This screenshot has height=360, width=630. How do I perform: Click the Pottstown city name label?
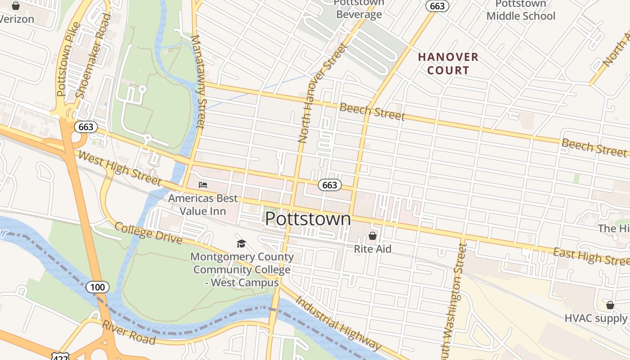point(308,219)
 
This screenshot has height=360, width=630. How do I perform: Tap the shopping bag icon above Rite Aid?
point(373,236)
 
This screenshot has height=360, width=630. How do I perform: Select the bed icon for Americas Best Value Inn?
point(203,185)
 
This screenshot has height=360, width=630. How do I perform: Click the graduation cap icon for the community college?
point(242,243)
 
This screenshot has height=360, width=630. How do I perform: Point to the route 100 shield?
point(97,287)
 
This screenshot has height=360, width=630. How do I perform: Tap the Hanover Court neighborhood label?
point(448,63)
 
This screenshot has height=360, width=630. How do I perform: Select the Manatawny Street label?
point(198,81)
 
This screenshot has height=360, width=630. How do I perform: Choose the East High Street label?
point(590,256)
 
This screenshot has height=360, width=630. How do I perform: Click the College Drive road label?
point(148,233)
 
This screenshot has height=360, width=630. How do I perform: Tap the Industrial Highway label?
point(338,324)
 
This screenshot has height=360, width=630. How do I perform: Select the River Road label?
point(129,333)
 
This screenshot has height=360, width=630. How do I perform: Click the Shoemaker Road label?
point(94,56)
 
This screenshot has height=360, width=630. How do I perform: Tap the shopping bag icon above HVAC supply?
point(610,306)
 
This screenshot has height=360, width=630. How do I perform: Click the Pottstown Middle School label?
point(521,10)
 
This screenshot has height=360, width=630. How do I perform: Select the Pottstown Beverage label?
point(359,9)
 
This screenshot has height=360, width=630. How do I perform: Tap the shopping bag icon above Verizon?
point(16,6)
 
